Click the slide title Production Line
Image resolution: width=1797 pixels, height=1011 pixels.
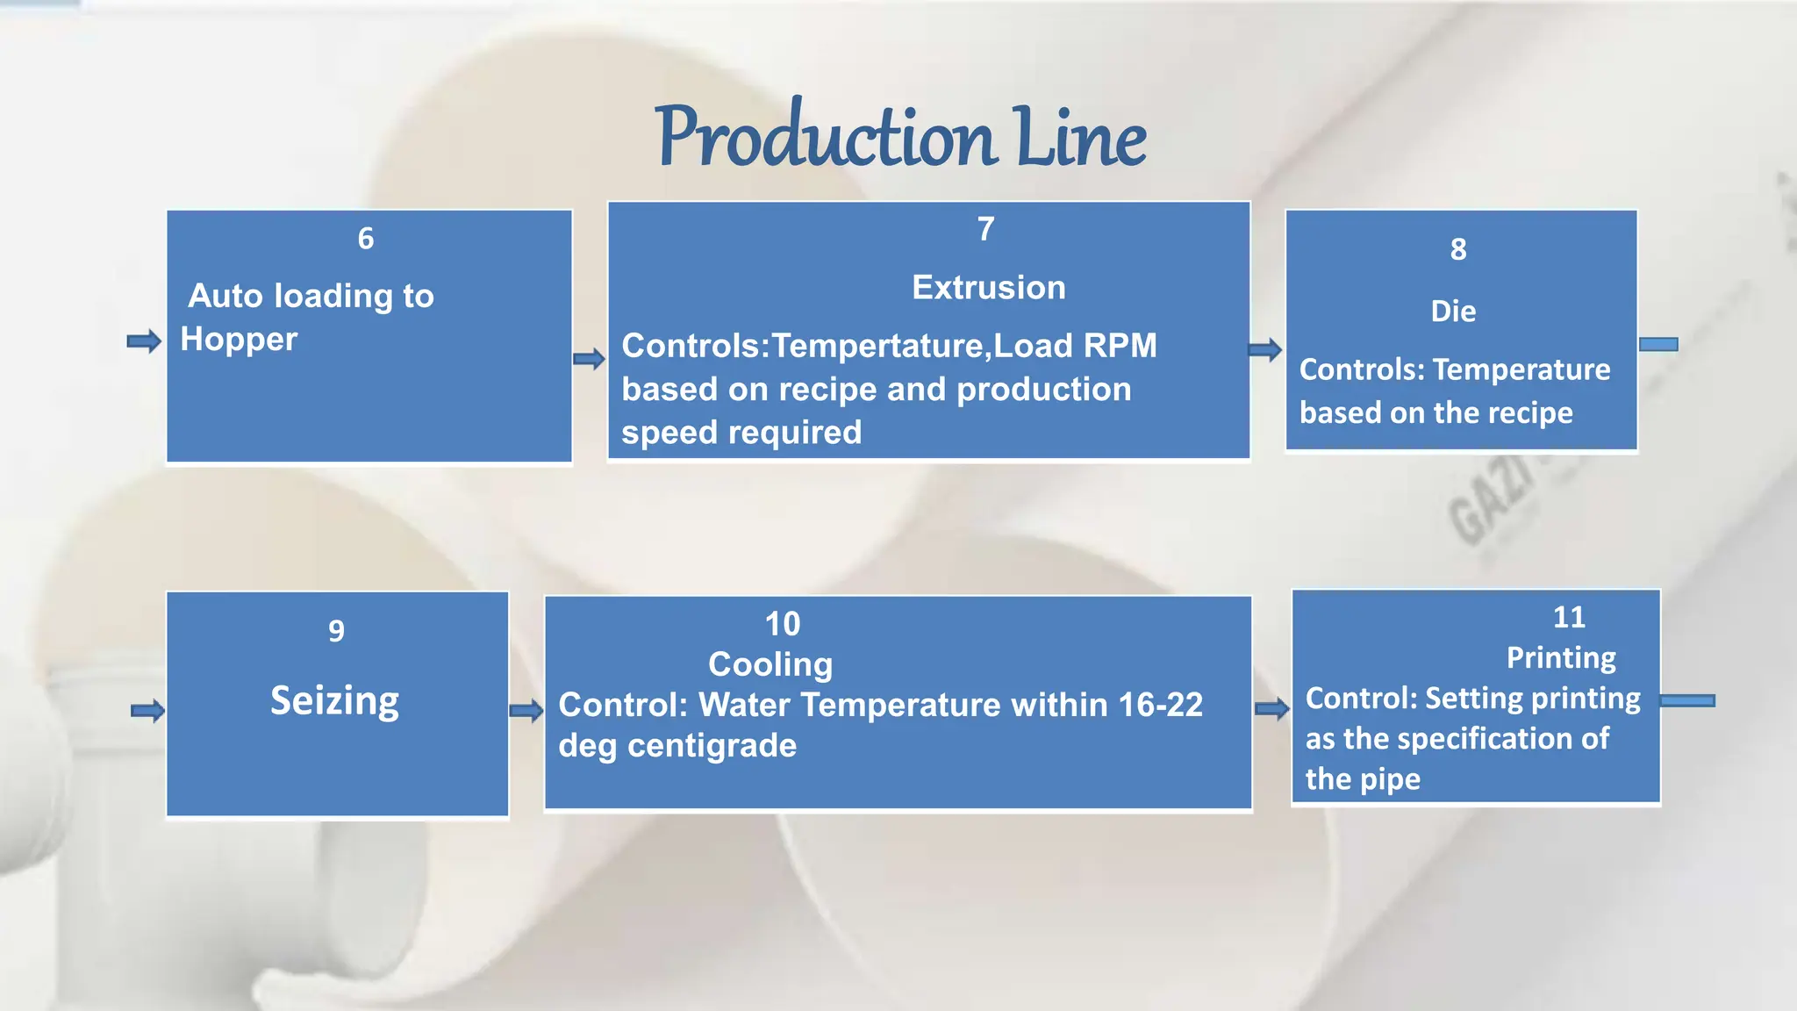(900, 136)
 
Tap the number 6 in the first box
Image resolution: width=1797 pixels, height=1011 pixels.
(366, 239)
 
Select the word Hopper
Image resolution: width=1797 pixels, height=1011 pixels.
(239, 340)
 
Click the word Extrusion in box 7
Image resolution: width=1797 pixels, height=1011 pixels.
(989, 288)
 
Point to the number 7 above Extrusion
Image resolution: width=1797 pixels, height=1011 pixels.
(986, 229)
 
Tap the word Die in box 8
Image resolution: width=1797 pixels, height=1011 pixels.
(1453, 312)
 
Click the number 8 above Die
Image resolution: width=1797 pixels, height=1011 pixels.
(1458, 250)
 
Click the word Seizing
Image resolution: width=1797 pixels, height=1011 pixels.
(334, 701)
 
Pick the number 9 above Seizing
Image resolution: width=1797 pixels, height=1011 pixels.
(336, 631)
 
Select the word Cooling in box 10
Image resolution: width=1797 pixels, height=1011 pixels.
(770, 664)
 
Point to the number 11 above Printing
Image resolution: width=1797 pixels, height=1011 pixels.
(1569, 618)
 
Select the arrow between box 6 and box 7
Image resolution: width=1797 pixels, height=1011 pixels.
(589, 358)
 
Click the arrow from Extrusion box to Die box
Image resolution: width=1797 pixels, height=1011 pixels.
(1265, 350)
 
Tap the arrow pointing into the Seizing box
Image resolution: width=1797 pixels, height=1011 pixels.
(147, 711)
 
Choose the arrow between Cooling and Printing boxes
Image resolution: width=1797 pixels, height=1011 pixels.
(1271, 708)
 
